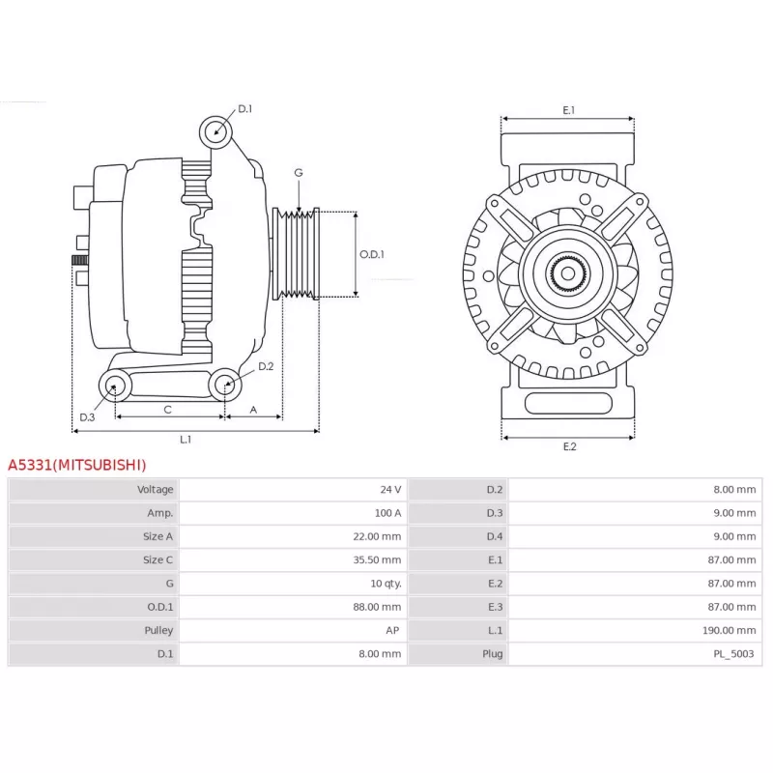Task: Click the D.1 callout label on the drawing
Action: click(244, 108)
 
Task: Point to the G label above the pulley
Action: click(299, 173)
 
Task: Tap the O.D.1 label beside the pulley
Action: click(372, 255)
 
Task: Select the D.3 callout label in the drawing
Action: click(87, 417)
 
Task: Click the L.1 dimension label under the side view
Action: click(186, 440)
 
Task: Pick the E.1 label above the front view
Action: click(568, 110)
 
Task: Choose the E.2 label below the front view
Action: click(568, 446)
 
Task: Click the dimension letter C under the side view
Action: click(168, 410)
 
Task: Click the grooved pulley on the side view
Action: click(299, 253)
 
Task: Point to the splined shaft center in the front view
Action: click(568, 273)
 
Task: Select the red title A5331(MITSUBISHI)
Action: click(77, 465)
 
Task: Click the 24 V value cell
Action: click(390, 490)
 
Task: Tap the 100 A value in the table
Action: click(388, 513)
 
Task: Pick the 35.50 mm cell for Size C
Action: click(380, 560)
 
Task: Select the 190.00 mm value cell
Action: click(731, 631)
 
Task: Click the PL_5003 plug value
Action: click(733, 654)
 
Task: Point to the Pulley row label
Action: click(158, 631)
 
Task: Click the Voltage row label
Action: click(156, 490)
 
